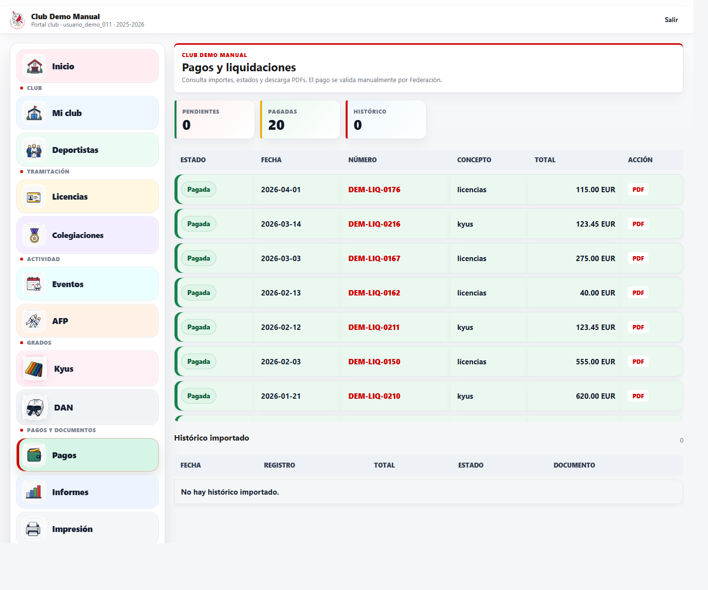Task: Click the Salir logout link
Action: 671,20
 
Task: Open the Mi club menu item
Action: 88,113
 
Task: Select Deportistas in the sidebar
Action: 88,150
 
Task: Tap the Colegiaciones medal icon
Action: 34,235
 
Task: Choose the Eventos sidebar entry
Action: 88,284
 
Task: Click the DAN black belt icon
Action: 35,407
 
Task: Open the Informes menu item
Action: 88,492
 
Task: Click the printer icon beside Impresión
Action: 33,529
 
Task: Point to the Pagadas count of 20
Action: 276,125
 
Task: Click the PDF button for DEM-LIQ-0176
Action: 638,190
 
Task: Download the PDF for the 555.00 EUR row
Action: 638,361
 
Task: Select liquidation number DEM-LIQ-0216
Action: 374,224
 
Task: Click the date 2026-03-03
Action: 281,259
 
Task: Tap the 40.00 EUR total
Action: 597,293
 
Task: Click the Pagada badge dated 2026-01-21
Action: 198,396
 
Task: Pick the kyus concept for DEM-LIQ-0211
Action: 465,327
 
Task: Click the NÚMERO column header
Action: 362,160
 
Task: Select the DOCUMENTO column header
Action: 574,465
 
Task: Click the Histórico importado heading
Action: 211,438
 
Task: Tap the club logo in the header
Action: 18,20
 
